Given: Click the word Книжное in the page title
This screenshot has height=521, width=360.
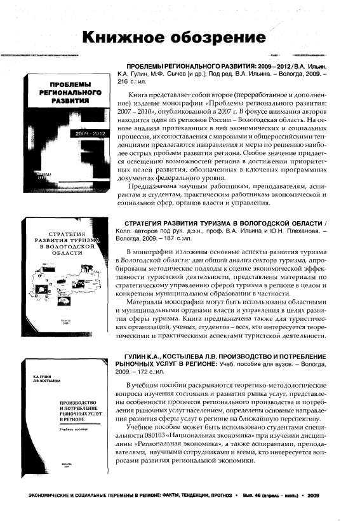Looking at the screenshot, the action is tap(123, 37).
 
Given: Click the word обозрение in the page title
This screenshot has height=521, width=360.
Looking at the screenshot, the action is tap(218, 38).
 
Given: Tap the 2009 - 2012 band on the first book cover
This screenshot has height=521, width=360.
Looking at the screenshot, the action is tap(90, 133).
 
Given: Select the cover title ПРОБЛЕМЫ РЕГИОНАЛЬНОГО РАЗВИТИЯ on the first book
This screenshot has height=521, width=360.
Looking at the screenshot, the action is tap(70, 92).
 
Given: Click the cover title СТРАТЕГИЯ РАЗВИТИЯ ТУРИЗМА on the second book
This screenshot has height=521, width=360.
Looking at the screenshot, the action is tap(67, 243).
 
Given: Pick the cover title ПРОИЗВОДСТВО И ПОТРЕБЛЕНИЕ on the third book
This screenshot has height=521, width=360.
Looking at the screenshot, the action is tap(81, 411).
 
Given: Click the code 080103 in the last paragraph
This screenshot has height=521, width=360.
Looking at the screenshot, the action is tap(154, 436).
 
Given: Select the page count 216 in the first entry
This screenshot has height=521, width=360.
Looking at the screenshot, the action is tap(123, 82).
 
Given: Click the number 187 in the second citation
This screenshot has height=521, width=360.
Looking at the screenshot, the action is tap(169, 238).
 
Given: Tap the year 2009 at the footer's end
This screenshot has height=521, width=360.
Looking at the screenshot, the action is tap(313, 496).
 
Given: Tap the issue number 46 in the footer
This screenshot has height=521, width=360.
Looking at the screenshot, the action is tap(257, 496).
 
